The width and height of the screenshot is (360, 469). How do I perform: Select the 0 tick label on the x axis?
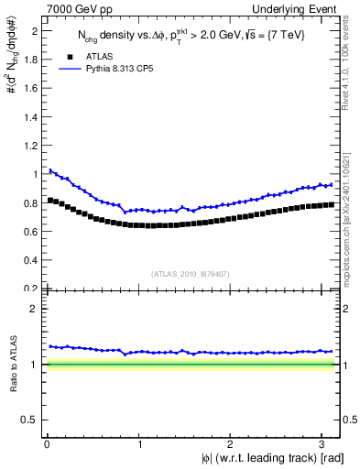click(x=46, y=444)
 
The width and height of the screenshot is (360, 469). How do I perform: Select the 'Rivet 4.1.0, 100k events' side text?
click(x=351, y=68)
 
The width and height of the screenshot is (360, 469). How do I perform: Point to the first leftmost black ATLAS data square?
click(x=49, y=200)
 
